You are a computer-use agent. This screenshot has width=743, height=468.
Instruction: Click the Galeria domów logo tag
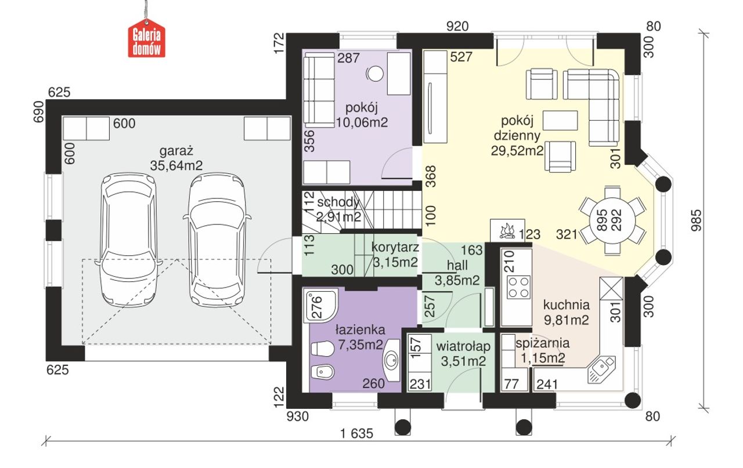click(147, 39)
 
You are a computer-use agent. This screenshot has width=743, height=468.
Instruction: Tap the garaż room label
click(176, 151)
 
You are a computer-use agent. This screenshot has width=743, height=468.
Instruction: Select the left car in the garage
click(129, 239)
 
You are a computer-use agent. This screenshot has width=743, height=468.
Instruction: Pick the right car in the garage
click(217, 239)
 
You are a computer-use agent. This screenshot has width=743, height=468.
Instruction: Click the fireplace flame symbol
click(507, 231)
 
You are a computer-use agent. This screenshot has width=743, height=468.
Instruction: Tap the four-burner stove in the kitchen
click(519, 288)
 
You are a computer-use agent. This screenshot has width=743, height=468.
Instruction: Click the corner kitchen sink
click(601, 369)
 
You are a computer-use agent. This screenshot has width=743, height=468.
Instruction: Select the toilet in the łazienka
click(322, 349)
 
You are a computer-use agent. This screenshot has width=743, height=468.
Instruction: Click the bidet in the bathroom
click(323, 372)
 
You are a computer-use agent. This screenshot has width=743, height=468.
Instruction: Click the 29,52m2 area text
click(517, 151)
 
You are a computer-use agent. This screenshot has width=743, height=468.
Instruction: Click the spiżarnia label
click(542, 343)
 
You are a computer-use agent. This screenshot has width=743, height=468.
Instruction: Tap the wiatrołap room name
click(463, 346)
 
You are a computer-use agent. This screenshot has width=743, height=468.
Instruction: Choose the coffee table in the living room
click(560, 120)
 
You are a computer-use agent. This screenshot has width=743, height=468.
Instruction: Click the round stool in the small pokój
click(375, 73)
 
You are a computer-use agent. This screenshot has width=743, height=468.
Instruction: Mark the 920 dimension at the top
click(457, 27)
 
